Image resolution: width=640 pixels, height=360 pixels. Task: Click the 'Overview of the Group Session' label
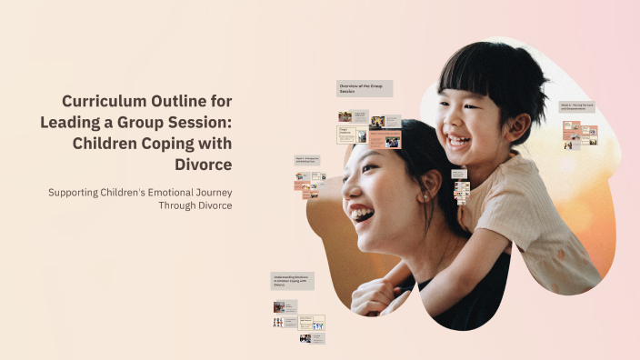(365, 88)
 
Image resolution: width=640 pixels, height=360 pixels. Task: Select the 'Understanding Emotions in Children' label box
(293, 281)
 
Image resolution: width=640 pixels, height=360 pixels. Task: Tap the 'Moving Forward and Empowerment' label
(576, 107)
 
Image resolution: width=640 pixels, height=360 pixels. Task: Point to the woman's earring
(424, 197)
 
